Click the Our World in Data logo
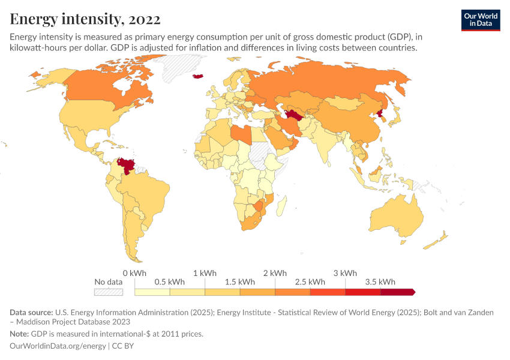click(x=480, y=20)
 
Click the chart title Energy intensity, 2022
click(x=85, y=19)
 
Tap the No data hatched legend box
click(x=109, y=292)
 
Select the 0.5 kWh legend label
click(x=169, y=281)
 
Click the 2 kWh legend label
click(x=275, y=273)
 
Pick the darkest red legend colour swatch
click(x=397, y=292)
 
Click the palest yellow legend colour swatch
click(x=152, y=292)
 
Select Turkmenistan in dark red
click(x=295, y=115)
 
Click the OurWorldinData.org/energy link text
click(x=58, y=346)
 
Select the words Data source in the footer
click(x=31, y=312)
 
